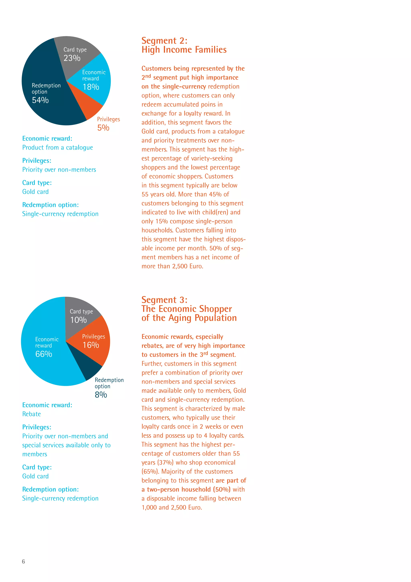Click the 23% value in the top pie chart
[x=72, y=58]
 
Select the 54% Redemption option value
[x=40, y=100]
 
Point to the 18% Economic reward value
[x=91, y=87]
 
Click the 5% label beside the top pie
[x=103, y=128]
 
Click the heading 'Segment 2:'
[x=164, y=41]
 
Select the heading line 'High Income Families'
[x=184, y=50]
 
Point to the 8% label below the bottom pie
[x=101, y=395]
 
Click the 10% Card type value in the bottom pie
[x=78, y=320]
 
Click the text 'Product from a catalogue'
[x=57, y=147]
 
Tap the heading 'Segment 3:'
[x=164, y=300]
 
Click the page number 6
[x=23, y=562]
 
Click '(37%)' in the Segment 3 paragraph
[x=165, y=463]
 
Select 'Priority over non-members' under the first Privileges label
[x=59, y=170]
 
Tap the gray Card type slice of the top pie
[x=76, y=48]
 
